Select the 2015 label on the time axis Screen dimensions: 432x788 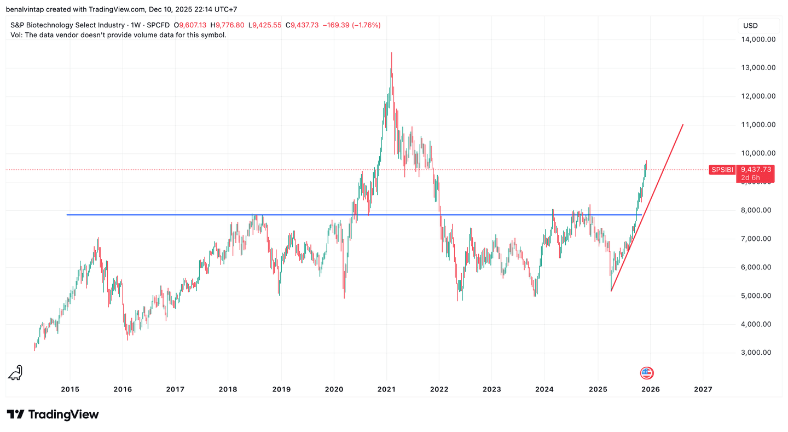point(70,389)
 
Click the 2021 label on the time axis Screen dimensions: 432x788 point(386,389)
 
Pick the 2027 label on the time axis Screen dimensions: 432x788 point(703,389)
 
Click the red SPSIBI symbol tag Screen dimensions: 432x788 point(721,170)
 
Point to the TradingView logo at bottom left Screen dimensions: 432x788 point(53,414)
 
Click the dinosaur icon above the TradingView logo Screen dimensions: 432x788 point(15,372)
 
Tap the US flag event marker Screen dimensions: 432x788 point(647,373)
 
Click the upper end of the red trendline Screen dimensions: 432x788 point(683,125)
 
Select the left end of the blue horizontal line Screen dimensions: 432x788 point(67,215)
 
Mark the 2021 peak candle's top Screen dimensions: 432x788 point(391,53)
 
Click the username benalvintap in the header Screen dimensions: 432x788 point(25,9)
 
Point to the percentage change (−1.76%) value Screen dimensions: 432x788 point(364,25)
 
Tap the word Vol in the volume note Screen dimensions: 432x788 point(16,35)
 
